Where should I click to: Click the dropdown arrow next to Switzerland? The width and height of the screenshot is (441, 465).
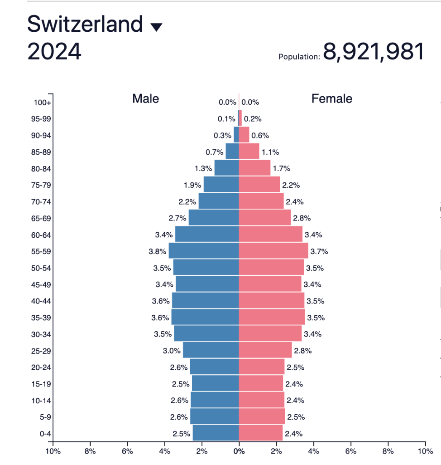[x=156, y=28]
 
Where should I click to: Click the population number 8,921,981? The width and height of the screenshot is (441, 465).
[x=374, y=51]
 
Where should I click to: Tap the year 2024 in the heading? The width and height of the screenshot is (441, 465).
[x=54, y=51]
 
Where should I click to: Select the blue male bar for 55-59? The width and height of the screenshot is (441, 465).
[x=204, y=251]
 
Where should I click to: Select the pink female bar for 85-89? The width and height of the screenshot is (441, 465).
[x=249, y=152]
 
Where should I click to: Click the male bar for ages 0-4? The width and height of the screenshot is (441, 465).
[x=216, y=433]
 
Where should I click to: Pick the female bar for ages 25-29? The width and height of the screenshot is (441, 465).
[x=265, y=350]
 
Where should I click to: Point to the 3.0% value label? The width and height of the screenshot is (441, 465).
[x=172, y=351]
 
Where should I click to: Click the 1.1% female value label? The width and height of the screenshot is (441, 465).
[x=270, y=152]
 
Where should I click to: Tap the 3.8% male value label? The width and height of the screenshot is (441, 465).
[x=158, y=251]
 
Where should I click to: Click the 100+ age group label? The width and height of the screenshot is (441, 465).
[x=42, y=103]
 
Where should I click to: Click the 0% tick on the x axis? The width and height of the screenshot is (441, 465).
[x=239, y=451]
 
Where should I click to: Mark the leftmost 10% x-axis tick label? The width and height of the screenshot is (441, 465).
[x=53, y=451]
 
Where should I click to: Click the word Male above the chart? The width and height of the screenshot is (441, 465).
[x=146, y=98]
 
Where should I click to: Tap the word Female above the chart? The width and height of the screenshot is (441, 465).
[x=331, y=98]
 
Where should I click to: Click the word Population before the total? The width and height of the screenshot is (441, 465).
[x=299, y=57]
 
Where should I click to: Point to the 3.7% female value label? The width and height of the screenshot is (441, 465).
[x=319, y=251]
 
